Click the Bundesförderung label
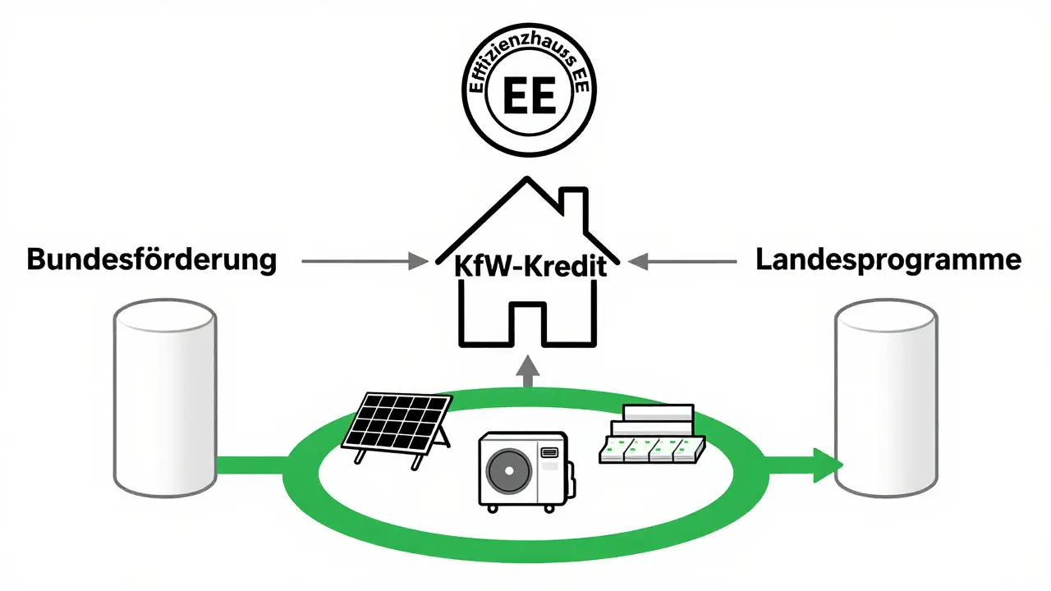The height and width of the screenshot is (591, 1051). coord(152,261)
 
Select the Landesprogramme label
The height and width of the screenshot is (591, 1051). coord(888,261)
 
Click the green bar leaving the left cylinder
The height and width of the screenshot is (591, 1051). coord(250,465)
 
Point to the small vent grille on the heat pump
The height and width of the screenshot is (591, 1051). coord(551,451)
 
